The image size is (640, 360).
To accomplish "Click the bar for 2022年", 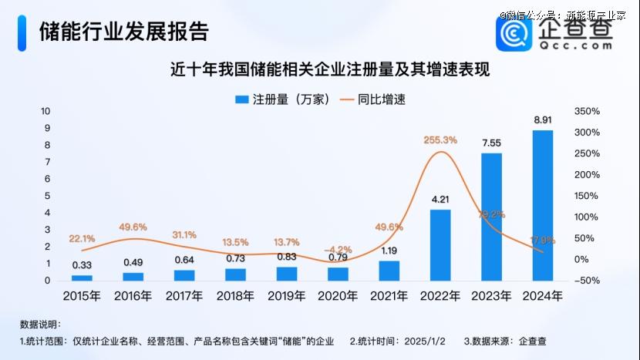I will [440, 245].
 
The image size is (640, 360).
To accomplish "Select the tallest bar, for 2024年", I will [542, 205].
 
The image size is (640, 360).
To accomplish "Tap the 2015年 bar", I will [82, 278].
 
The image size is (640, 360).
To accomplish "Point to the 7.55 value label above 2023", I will [491, 143].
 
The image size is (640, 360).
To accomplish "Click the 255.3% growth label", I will [440, 140].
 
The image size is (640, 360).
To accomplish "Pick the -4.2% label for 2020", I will [338, 250].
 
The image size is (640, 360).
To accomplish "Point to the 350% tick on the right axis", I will [588, 112].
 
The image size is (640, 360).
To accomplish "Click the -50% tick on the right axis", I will [588, 281].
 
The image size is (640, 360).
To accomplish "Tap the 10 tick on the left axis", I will [45, 112].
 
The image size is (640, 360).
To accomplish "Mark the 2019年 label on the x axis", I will [287, 295].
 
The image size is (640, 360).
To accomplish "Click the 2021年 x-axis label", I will [389, 295].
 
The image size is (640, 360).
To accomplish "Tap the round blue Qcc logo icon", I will [513, 32].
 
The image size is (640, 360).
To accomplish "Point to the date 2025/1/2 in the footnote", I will [425, 340].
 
